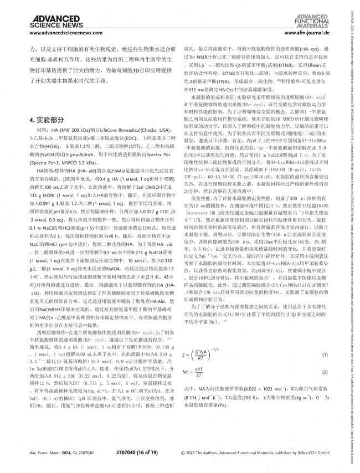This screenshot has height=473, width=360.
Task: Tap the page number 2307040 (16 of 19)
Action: click(153, 453)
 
